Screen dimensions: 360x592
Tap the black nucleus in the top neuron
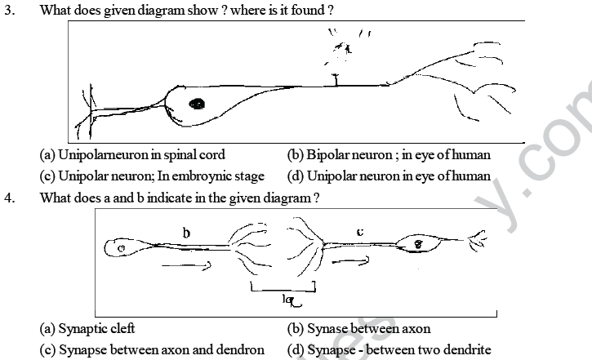[x=197, y=104]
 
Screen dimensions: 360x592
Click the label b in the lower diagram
[x=186, y=233]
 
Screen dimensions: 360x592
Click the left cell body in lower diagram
[x=122, y=247]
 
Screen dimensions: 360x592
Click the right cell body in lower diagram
[x=419, y=243]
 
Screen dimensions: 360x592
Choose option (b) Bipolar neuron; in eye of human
[x=388, y=154]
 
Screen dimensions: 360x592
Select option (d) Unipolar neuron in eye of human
[x=388, y=176]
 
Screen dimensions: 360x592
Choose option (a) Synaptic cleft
[x=87, y=328]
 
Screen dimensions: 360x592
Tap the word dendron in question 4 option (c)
[x=241, y=349]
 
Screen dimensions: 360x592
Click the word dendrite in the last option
[x=465, y=349]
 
